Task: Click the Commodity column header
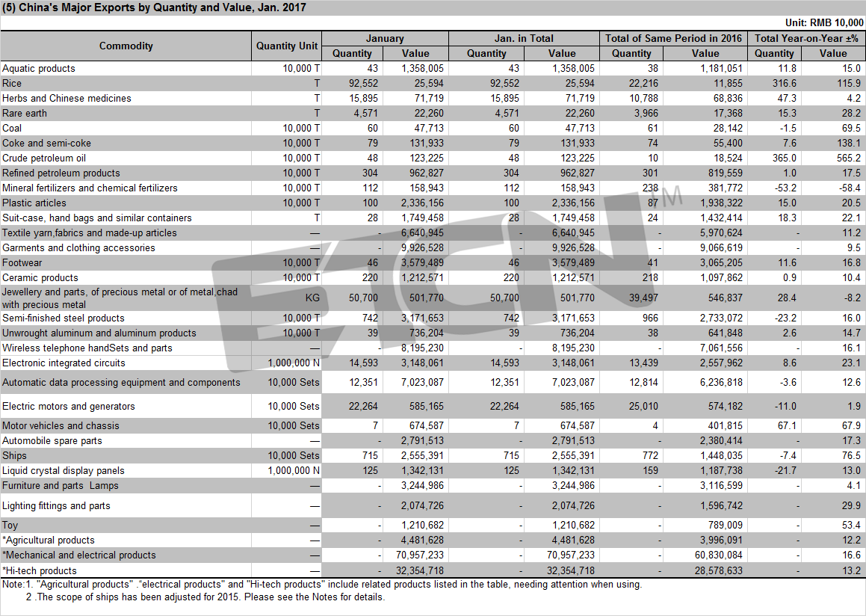[126, 46]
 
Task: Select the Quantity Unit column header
[287, 46]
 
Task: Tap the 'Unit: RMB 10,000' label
[824, 22]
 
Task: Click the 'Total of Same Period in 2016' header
[673, 38]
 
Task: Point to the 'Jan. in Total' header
[524, 38]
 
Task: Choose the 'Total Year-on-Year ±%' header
[806, 38]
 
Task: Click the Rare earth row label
[25, 113]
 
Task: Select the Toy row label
[10, 526]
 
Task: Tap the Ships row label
[14, 456]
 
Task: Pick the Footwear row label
[22, 263]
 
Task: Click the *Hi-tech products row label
[39, 570]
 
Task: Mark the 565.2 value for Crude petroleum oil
[849, 158]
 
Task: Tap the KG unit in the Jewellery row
[312, 298]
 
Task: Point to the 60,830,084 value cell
[719, 555]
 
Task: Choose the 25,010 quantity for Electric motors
[643, 406]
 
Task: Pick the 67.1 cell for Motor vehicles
[786, 426]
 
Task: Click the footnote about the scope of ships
[205, 597]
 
